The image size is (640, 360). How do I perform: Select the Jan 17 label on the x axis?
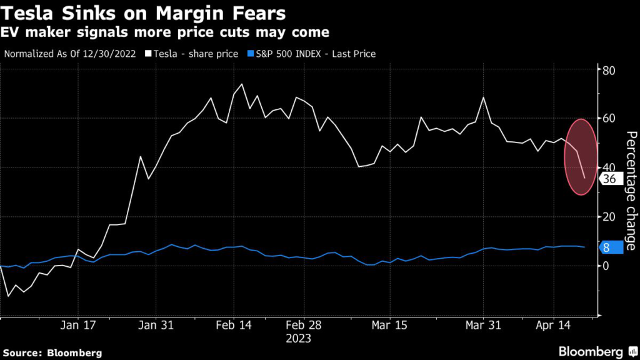coord(78,326)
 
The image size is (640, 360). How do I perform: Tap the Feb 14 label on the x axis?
coord(234,326)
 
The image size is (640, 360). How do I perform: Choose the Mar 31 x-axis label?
coord(484,326)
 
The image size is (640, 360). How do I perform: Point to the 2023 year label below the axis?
coord(297,338)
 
